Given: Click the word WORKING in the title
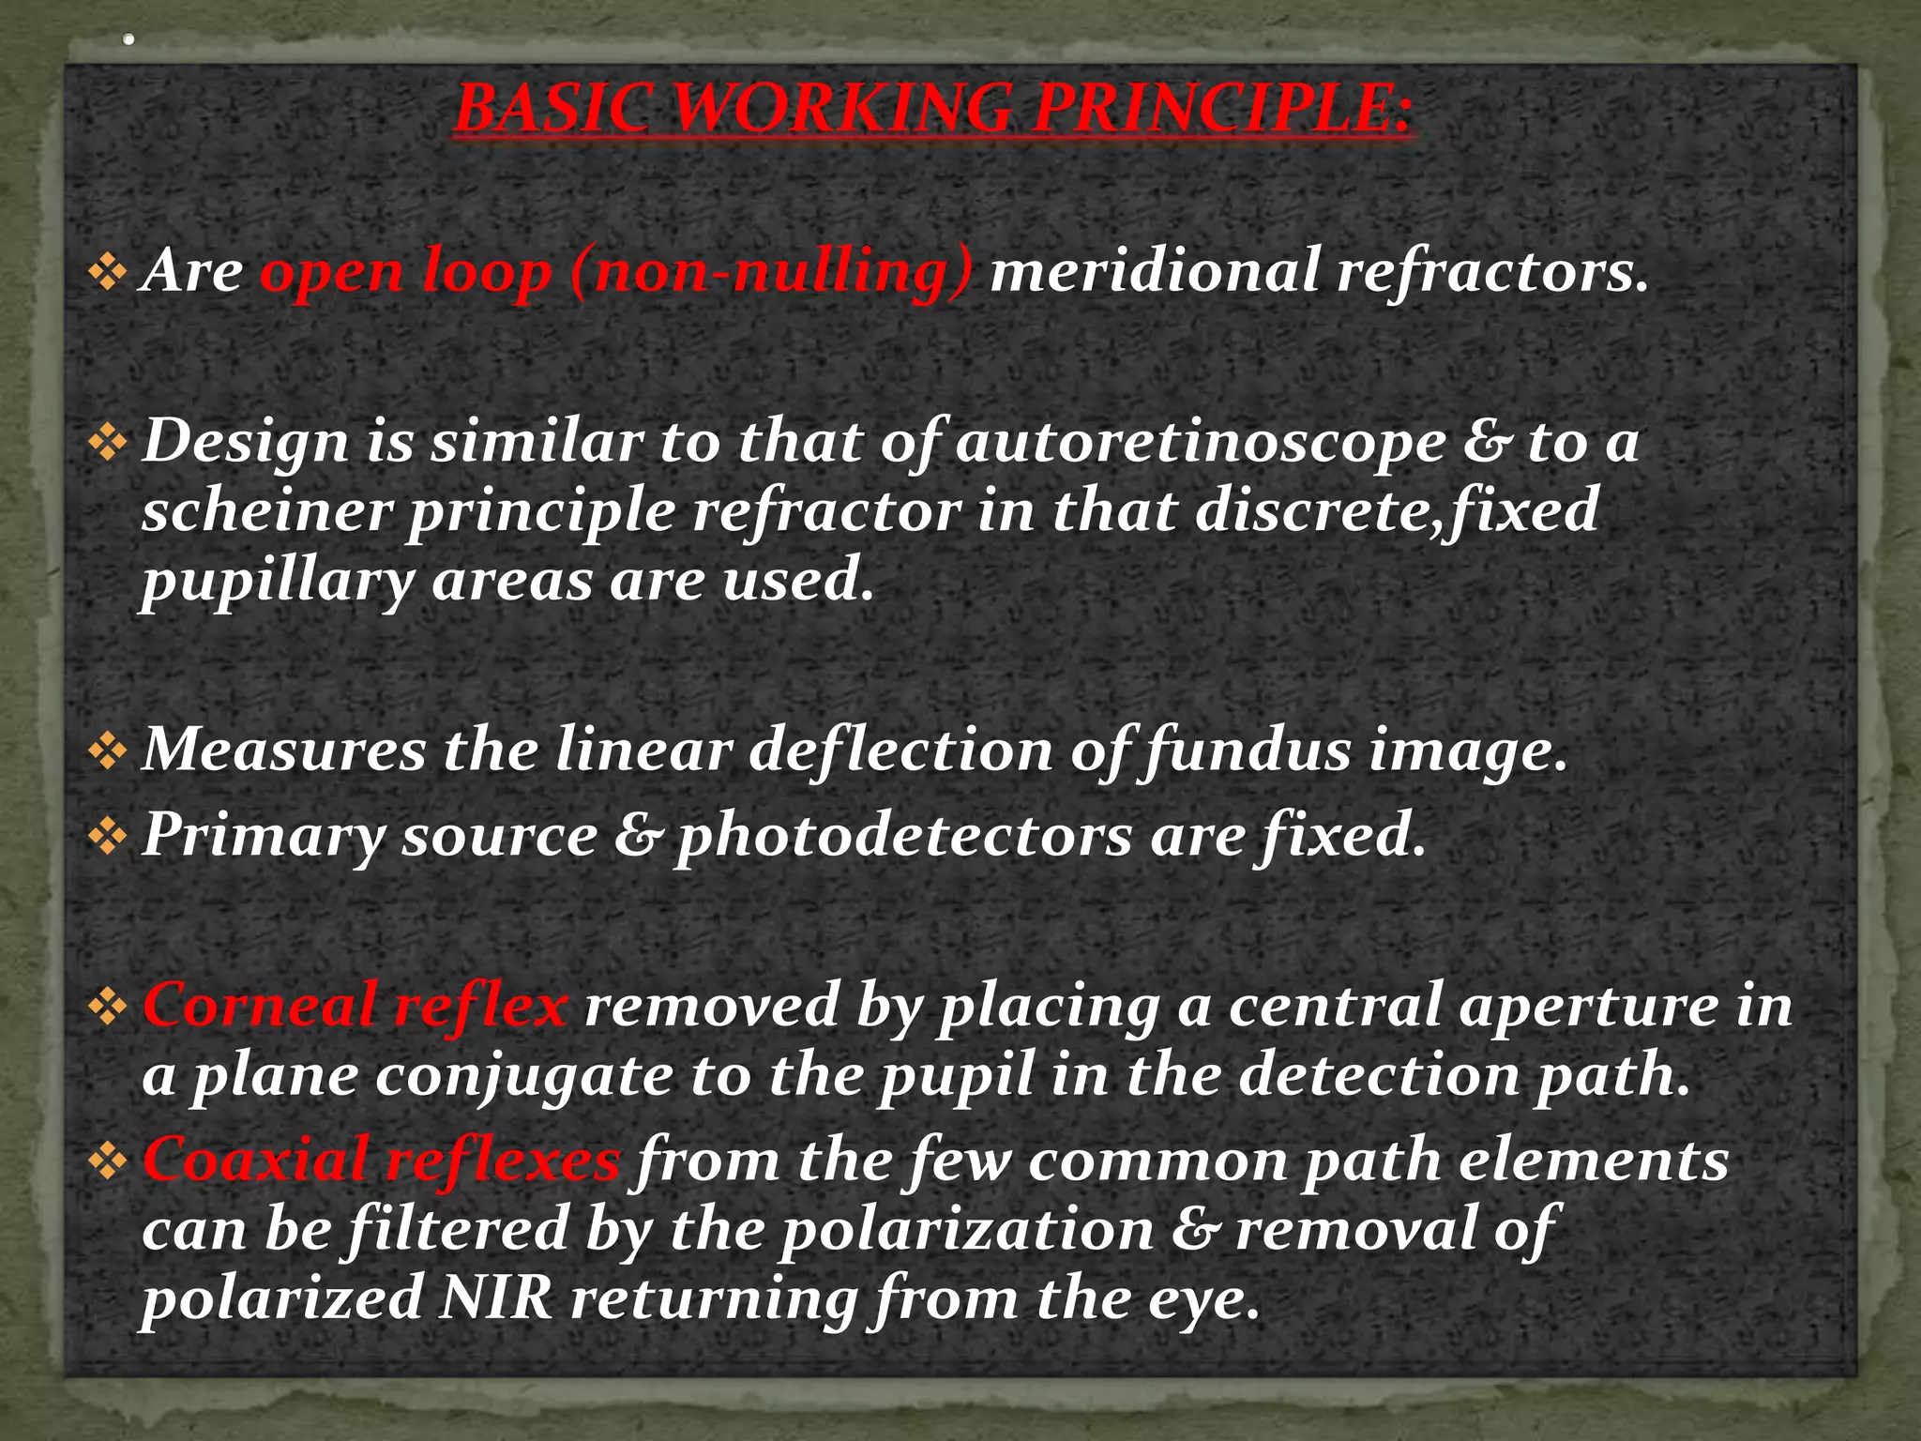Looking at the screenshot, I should pyautogui.click(x=842, y=109).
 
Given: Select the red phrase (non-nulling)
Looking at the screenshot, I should pyautogui.click(x=771, y=272).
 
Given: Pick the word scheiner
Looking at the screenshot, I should pyautogui.click(x=265, y=511).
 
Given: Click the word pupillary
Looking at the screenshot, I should pyautogui.click(x=278, y=582).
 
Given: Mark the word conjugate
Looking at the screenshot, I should pyautogui.click(x=524, y=1077).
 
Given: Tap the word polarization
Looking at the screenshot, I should pyautogui.click(x=967, y=1230).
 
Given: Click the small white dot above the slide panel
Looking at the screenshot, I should pyautogui.click(x=129, y=39).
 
